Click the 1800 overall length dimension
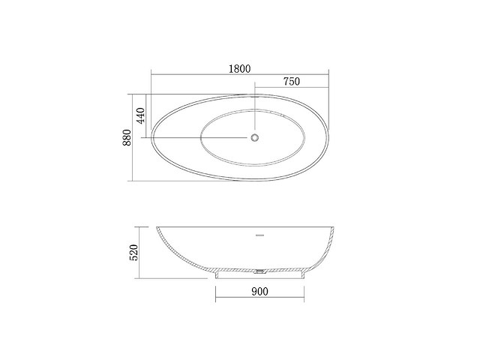click(240, 67)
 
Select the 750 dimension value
click(293, 82)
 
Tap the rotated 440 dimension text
click(139, 115)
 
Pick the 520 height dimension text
click(135, 252)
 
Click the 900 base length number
click(258, 290)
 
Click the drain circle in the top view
click(256, 137)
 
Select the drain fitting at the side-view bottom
click(259, 271)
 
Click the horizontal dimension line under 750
click(293, 88)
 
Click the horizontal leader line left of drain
click(202, 137)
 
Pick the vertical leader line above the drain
click(256, 112)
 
